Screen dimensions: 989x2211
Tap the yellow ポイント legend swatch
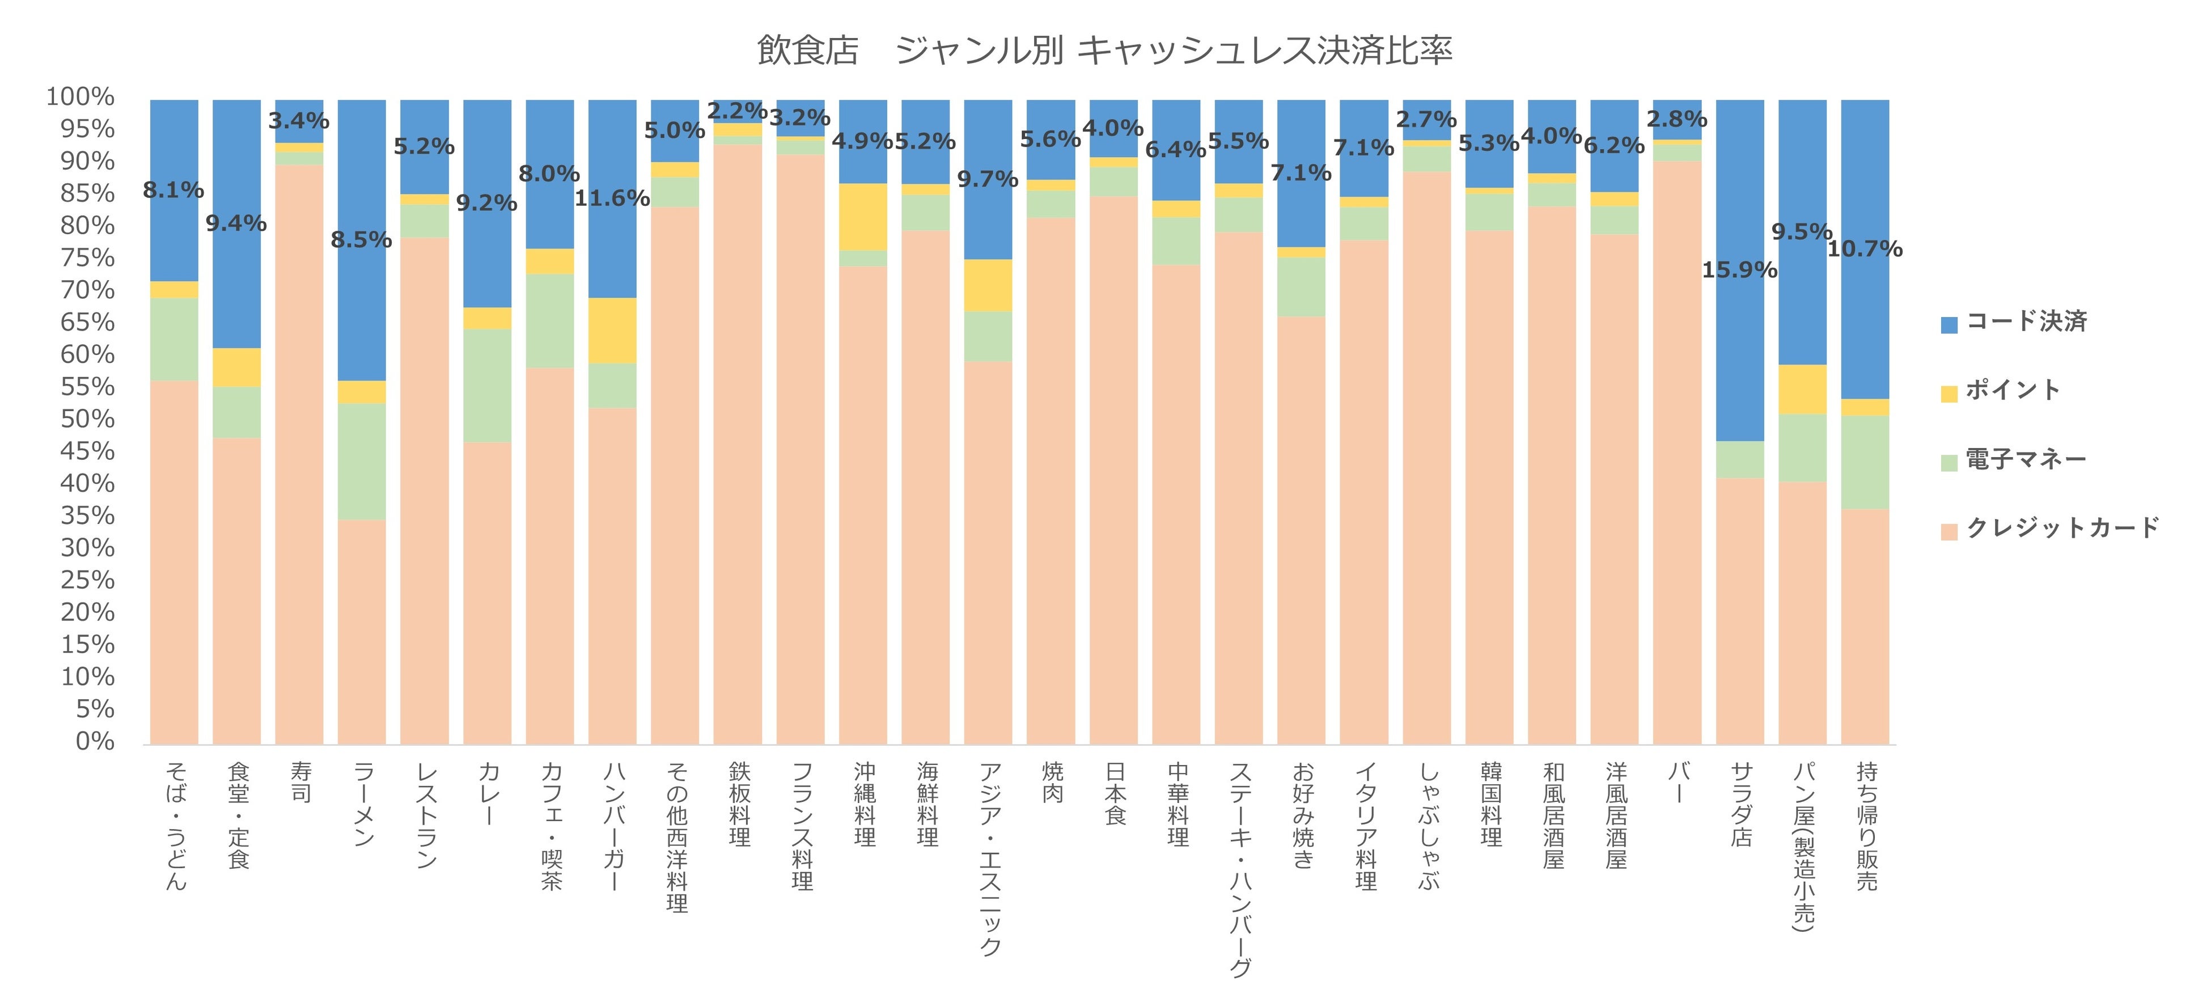click(x=1949, y=393)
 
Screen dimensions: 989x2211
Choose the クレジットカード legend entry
click(x=2061, y=528)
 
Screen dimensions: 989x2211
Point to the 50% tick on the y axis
click(x=87, y=419)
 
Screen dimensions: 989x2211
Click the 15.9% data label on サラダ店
click(x=1739, y=269)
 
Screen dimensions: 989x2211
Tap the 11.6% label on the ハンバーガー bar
click(x=612, y=198)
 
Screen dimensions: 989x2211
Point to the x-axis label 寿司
click(x=300, y=782)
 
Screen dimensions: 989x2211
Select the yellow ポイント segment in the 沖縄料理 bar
click(x=863, y=217)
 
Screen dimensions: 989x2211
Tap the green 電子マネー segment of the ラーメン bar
click(x=361, y=461)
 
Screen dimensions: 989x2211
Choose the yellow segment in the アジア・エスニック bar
click(x=988, y=285)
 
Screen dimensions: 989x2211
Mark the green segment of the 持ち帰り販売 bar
click(x=1865, y=462)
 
